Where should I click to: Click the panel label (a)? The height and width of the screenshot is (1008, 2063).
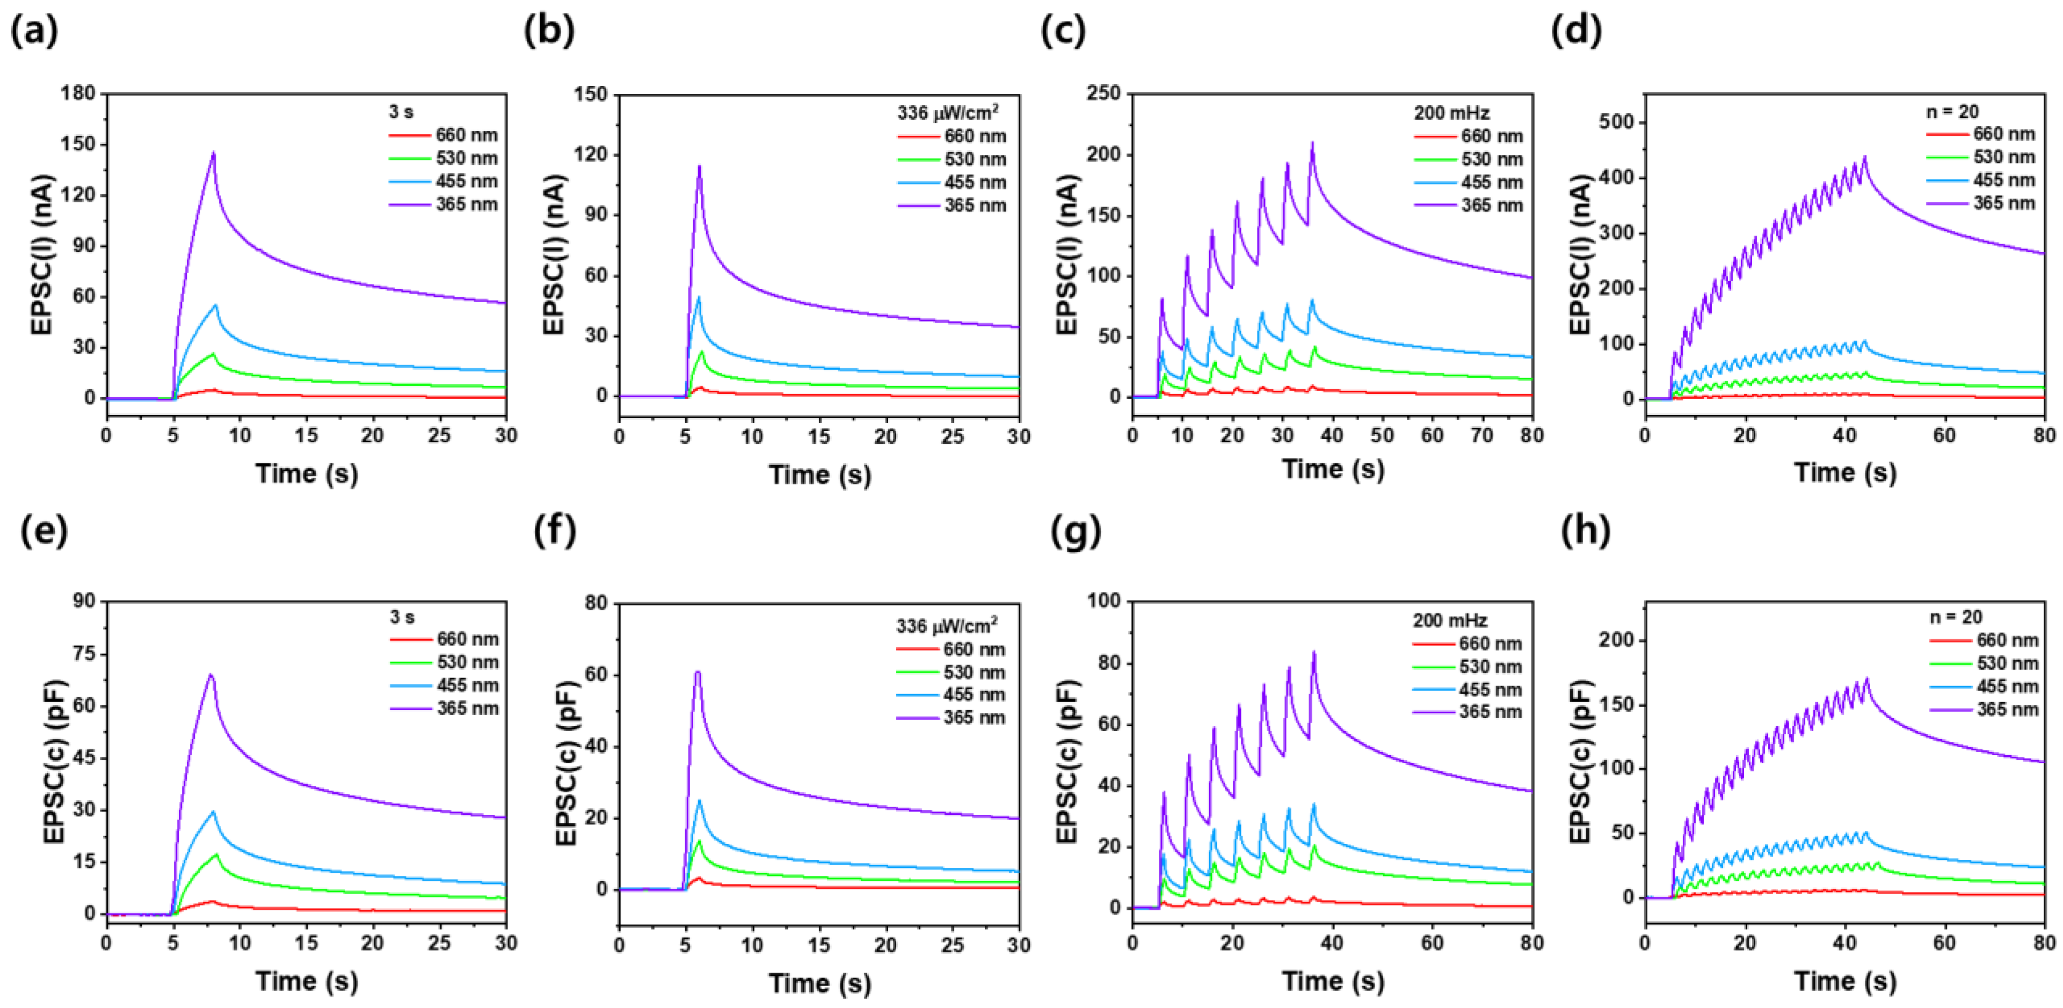coord(34,32)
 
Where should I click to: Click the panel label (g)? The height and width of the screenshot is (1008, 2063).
coord(1075,531)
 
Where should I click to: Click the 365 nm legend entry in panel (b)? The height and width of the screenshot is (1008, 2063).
coord(975,206)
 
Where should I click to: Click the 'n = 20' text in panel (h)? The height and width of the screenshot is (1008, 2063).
coord(1955,617)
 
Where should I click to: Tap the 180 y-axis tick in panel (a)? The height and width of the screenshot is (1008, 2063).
coord(78,94)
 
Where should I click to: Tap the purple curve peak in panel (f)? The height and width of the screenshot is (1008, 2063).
coord(698,673)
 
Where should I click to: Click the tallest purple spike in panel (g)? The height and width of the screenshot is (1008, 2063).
coord(1313,653)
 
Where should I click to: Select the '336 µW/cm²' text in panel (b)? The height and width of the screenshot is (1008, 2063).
coord(947,113)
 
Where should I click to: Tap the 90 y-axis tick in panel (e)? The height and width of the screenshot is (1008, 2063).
coord(84,601)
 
